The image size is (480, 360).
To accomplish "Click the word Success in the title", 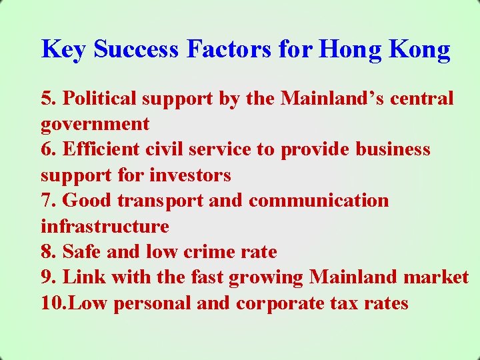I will pos(137,49).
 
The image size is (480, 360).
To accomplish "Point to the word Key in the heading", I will pos(64,49).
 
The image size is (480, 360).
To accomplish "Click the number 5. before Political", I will pos(49,98).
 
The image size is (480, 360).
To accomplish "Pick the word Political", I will pos(101,98).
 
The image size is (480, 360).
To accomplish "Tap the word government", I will pos(95,125).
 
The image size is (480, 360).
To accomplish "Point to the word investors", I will pos(190,175).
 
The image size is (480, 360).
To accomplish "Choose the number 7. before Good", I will pos(49,201).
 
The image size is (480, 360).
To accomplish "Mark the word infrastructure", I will pos(105,227).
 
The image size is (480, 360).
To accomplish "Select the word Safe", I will pos(81,252).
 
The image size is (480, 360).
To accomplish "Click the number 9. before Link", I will pos(49,277).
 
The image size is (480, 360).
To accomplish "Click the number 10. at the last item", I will pos(53,303).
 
